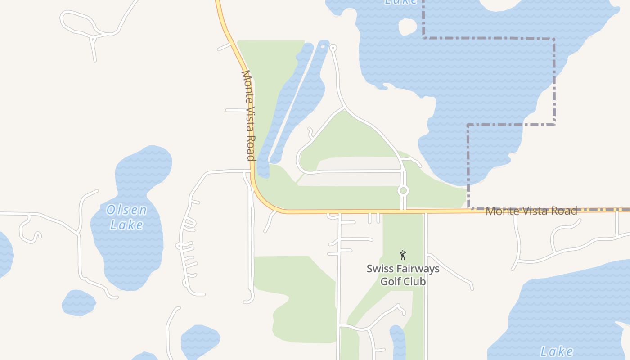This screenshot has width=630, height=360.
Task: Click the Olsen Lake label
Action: tap(126, 217)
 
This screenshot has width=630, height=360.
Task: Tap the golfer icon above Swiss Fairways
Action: tap(403, 255)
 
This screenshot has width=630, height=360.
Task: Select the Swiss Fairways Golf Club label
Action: tap(403, 275)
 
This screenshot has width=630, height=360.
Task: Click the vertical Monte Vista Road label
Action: tap(248, 115)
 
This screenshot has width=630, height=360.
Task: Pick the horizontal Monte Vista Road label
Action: tap(531, 211)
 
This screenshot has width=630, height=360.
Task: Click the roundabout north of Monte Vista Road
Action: tap(403, 191)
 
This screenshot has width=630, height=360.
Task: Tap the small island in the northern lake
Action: tap(407, 27)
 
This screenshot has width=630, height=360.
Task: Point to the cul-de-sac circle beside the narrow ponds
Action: tap(333, 48)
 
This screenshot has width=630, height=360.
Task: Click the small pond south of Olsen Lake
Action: tap(78, 302)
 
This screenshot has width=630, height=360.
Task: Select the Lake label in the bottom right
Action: tap(557, 351)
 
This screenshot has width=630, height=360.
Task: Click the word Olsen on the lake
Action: tap(126, 210)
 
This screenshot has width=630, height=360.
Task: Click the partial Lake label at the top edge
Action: tap(400, 2)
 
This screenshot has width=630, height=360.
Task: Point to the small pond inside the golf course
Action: tap(397, 342)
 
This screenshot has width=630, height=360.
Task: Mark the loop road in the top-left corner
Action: tap(79, 22)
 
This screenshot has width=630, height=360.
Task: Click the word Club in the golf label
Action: tap(414, 282)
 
